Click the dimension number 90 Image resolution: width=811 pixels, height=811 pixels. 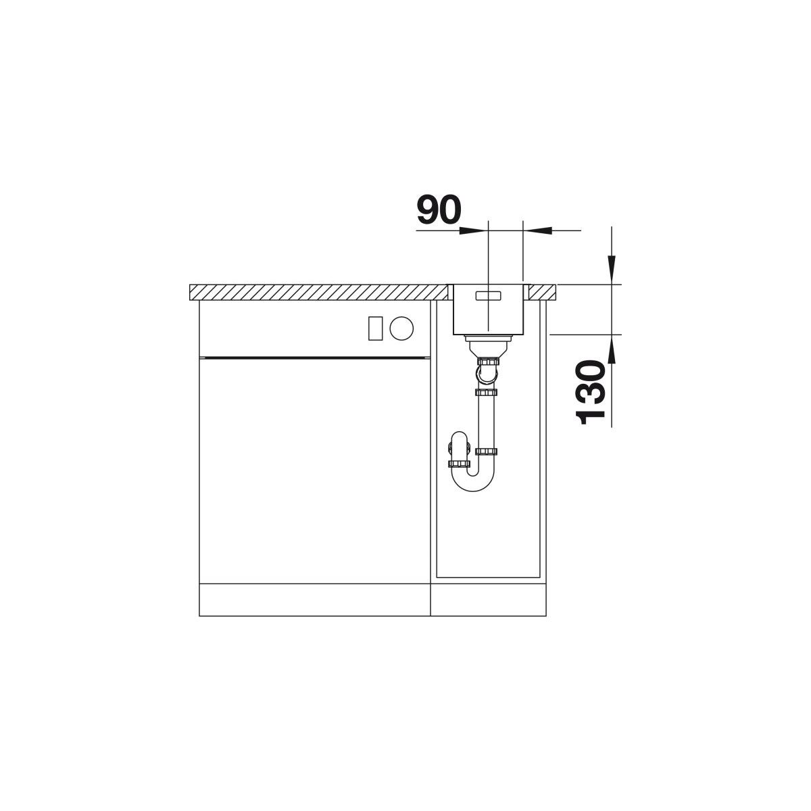pos(439,210)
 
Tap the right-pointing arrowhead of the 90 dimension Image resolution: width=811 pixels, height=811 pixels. pos(470,230)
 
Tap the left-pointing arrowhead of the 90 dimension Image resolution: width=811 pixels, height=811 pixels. pos(540,230)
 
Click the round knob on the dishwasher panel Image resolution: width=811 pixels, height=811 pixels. pos(401,327)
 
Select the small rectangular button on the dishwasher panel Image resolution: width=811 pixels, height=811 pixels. pos(375,328)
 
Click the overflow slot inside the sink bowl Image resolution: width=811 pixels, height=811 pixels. pos(489,295)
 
